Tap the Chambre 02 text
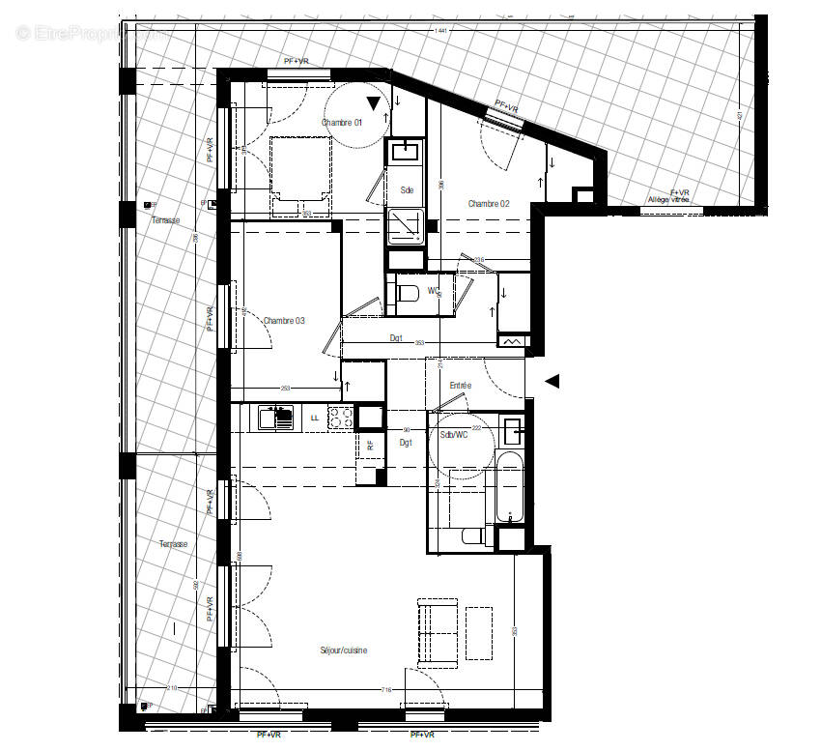click(488, 203)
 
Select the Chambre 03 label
click(284, 320)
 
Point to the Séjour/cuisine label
click(344, 650)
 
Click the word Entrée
click(460, 386)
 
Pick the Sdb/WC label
click(453, 436)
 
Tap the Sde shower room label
click(407, 190)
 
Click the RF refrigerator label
click(370, 446)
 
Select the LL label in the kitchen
click(314, 418)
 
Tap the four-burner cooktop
click(340, 418)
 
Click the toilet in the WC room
click(407, 292)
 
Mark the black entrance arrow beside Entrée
click(552, 382)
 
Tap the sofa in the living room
click(438, 632)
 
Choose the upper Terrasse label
click(165, 220)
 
